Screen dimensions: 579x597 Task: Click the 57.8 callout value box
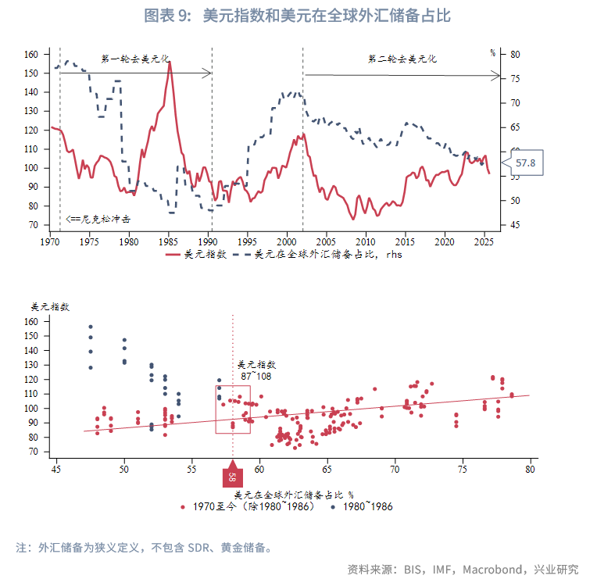[525, 163]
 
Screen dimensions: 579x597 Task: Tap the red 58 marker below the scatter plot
[233, 477]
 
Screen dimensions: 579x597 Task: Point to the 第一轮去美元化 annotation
[135, 59]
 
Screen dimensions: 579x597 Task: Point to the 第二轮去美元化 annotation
[402, 59]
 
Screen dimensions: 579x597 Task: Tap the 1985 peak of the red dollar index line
[169, 63]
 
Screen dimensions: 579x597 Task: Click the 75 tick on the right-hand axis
[515, 79]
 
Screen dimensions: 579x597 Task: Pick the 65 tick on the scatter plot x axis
[327, 469]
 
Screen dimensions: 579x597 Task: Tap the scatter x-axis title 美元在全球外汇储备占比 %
[294, 494]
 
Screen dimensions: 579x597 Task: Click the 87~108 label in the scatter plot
[256, 377]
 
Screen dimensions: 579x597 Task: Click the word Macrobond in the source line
[496, 569]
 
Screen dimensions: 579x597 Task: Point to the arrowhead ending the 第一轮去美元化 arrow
[208, 73]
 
